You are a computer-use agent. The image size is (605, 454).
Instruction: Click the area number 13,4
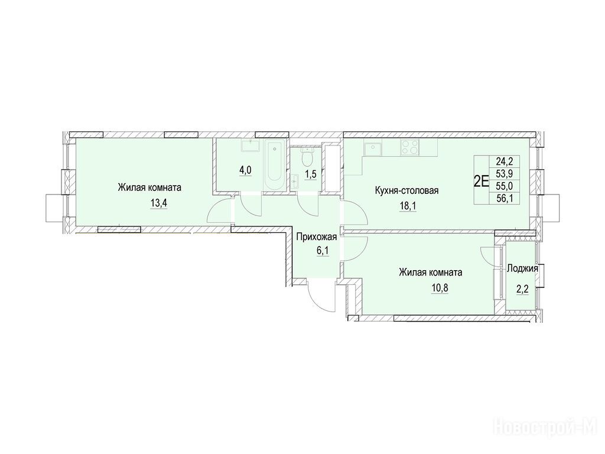159,203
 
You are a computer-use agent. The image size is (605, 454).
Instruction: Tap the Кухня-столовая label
406,190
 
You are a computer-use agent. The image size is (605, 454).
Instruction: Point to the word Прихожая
317,236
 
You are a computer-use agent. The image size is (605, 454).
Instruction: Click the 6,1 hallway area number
322,251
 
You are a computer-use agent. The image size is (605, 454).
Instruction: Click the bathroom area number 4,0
245,170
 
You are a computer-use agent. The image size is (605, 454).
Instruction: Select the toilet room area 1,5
311,174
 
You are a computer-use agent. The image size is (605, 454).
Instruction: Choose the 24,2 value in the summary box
510,161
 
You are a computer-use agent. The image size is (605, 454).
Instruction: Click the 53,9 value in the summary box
510,173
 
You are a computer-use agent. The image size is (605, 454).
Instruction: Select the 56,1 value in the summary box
510,199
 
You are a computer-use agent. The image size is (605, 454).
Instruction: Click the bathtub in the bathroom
274,166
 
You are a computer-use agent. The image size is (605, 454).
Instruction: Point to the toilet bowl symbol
307,157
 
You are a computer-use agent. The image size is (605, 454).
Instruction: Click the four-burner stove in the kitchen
410,147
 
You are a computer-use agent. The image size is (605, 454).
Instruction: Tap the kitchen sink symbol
373,148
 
